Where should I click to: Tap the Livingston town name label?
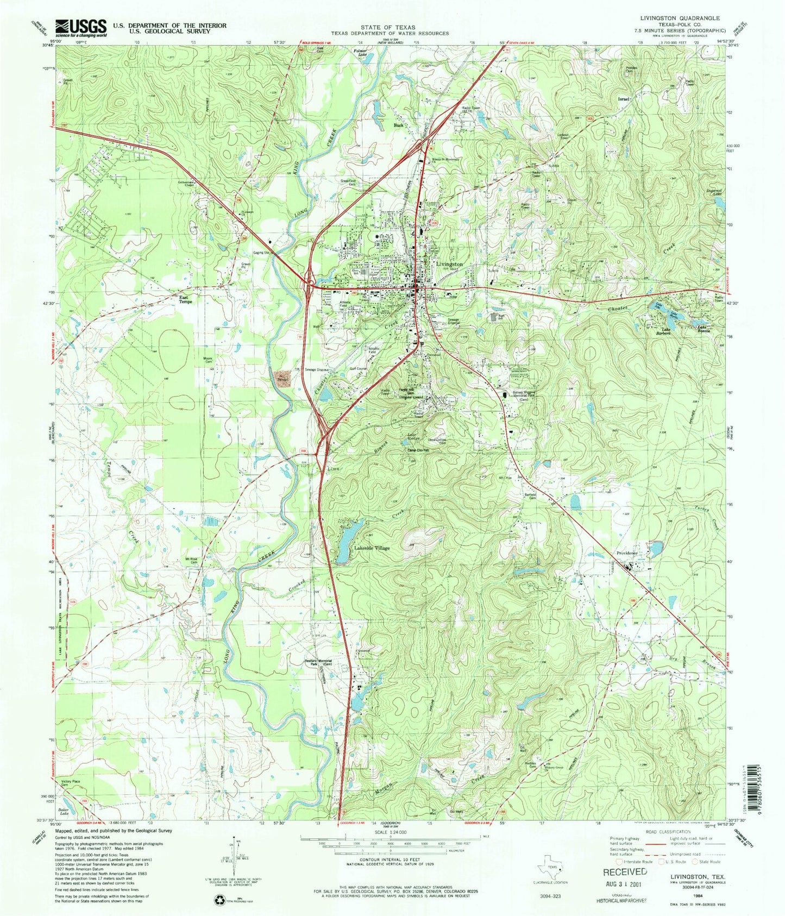pos(449,264)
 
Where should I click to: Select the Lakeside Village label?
pos(372,548)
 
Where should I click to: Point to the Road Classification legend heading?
pos(668,832)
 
